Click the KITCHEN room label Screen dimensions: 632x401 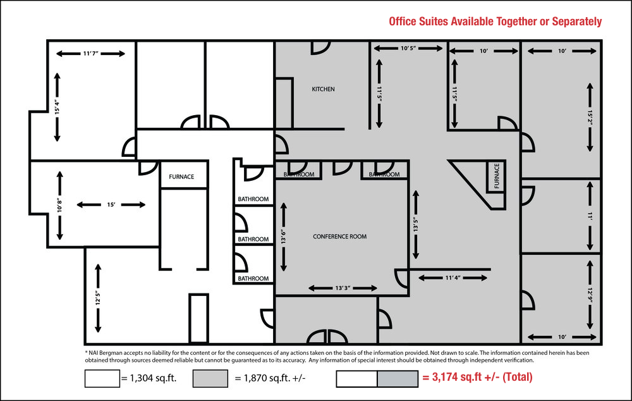pyautogui.click(x=323, y=89)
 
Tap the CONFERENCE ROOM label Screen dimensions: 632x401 pyautogui.click(x=340, y=237)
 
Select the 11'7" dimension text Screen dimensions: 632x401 pyautogui.click(x=90, y=54)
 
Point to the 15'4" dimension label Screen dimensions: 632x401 pyautogui.click(x=57, y=107)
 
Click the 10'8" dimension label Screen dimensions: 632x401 pyautogui.click(x=59, y=206)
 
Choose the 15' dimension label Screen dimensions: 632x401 pyautogui.click(x=111, y=204)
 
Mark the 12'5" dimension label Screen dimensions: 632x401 pyautogui.click(x=98, y=299)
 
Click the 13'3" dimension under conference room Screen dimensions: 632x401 pyautogui.click(x=343, y=288)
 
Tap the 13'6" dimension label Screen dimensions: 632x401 pyautogui.click(x=283, y=237)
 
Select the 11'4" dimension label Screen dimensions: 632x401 pyautogui.click(x=453, y=278)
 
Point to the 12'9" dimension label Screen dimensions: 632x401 pyautogui.click(x=590, y=295)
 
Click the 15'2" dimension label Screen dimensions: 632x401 pyautogui.click(x=590, y=118)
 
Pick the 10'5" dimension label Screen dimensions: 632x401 pyautogui.click(x=408, y=49)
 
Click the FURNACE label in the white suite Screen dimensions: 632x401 pyautogui.click(x=181, y=176)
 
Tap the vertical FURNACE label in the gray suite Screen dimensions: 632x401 pyautogui.click(x=497, y=176)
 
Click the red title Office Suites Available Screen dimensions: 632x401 pyautogui.click(x=495, y=22)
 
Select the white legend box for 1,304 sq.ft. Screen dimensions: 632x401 pyautogui.click(x=102, y=378)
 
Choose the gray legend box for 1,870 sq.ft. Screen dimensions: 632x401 pyautogui.click(x=210, y=378)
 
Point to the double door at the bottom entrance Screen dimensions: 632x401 pyautogui.click(x=327, y=336)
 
